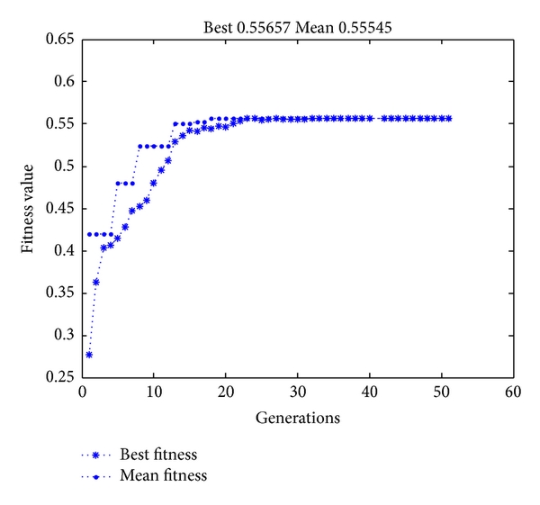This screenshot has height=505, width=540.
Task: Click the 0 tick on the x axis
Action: (x=82, y=392)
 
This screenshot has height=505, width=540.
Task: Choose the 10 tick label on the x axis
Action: (x=154, y=392)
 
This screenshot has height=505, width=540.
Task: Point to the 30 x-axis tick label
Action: (x=297, y=392)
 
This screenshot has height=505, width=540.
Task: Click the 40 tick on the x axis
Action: (x=369, y=392)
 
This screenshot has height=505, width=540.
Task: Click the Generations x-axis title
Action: (x=297, y=418)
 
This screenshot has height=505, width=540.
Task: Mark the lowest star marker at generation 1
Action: (x=89, y=355)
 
